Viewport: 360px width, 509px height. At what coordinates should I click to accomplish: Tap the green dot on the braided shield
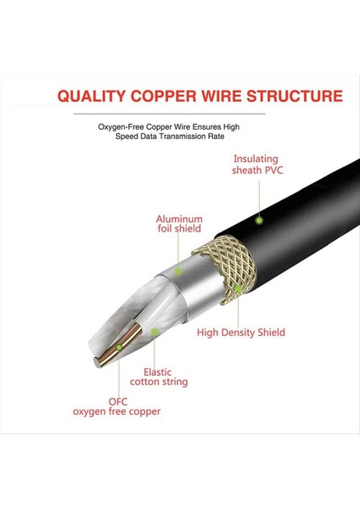pyautogui.click(x=239, y=289)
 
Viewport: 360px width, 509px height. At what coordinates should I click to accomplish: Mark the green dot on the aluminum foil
pyautogui.click(x=179, y=271)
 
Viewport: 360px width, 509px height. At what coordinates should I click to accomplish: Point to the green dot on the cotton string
pyautogui.click(x=154, y=331)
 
